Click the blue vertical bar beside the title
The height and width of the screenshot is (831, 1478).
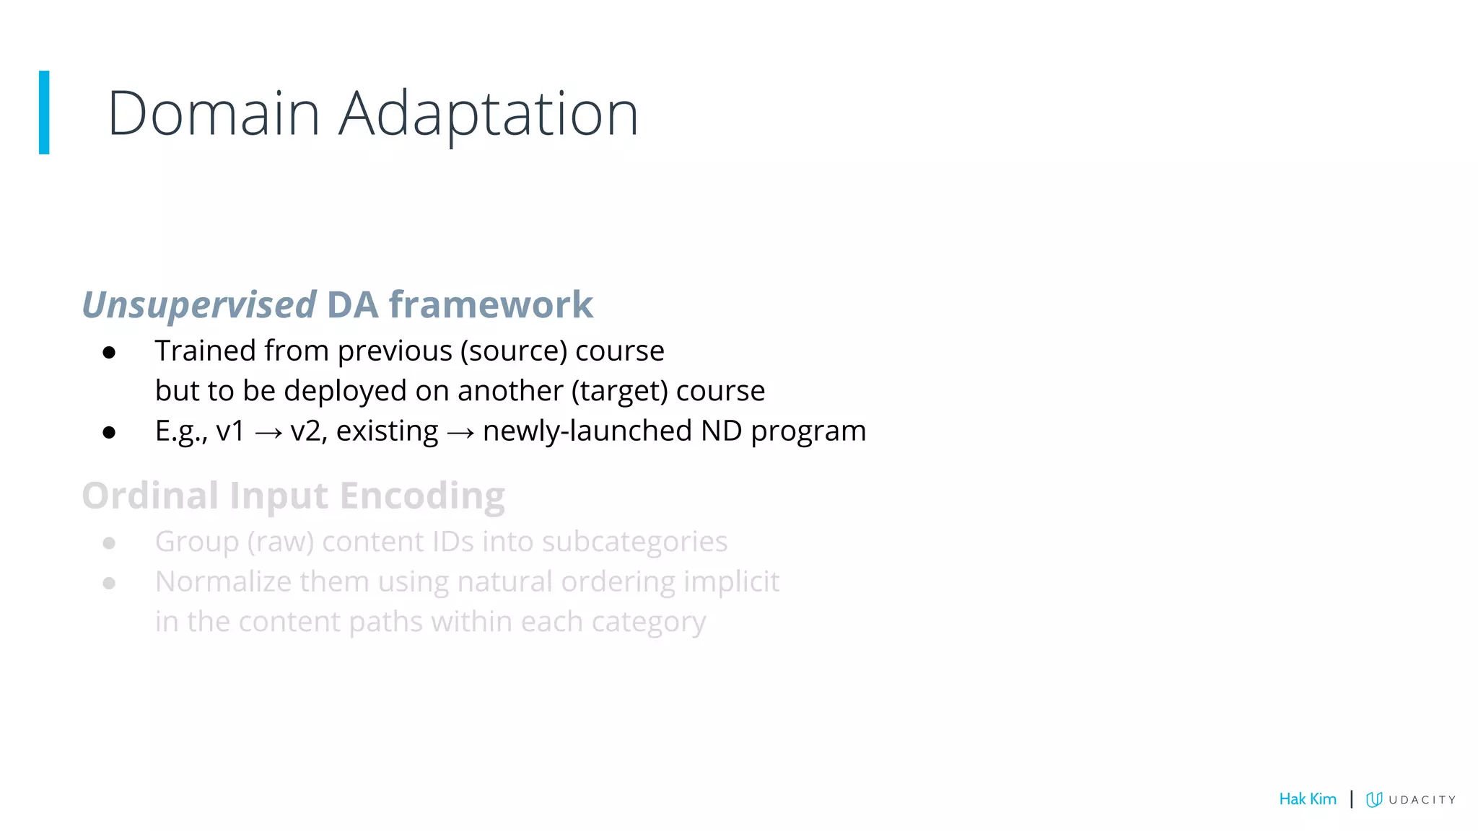[44, 113]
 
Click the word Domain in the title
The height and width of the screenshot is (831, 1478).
[214, 114]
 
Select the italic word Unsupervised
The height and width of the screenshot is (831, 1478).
[199, 305]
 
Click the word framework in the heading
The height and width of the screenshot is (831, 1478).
[491, 304]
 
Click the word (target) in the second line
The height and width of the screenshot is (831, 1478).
[619, 391]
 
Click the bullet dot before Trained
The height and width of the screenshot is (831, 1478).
[109, 353]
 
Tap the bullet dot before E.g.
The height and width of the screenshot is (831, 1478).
[109, 433]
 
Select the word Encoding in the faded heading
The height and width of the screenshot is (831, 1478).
[422, 496]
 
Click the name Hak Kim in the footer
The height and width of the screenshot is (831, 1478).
[1307, 799]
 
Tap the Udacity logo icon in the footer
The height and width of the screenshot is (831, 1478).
[1374, 799]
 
